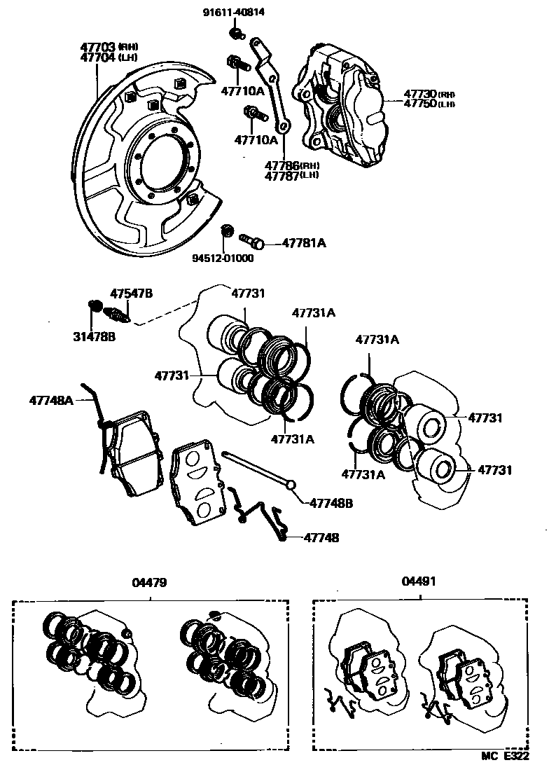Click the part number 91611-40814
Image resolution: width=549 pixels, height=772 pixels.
(235, 12)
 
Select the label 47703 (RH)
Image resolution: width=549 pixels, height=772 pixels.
(109, 47)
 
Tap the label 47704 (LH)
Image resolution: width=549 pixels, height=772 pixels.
(109, 57)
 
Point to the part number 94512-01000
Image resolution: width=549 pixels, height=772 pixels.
(223, 258)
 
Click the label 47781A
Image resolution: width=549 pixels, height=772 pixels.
(304, 243)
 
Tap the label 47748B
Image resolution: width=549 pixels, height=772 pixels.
(331, 502)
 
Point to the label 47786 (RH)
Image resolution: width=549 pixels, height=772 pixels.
(291, 165)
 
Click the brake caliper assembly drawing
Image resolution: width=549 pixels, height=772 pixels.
(343, 105)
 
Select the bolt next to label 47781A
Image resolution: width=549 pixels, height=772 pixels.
(252, 242)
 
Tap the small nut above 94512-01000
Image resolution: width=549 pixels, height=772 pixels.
(225, 230)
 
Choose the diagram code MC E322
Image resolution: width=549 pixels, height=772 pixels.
(513, 757)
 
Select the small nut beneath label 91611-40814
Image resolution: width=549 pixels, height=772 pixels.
(237, 33)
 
